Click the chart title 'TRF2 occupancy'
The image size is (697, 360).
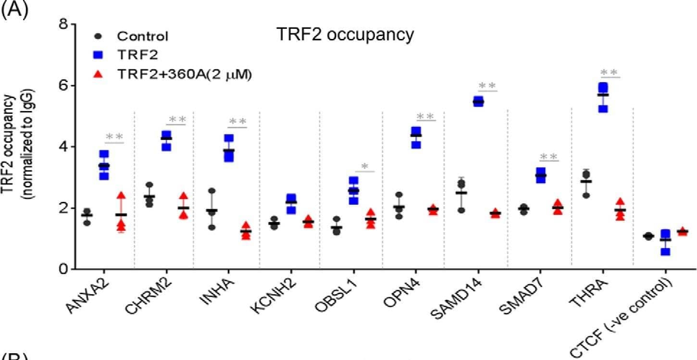click(x=345, y=35)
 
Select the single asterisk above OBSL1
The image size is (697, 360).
click(x=365, y=167)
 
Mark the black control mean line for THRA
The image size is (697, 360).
click(x=585, y=181)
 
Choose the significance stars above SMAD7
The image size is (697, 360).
click(x=549, y=157)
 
